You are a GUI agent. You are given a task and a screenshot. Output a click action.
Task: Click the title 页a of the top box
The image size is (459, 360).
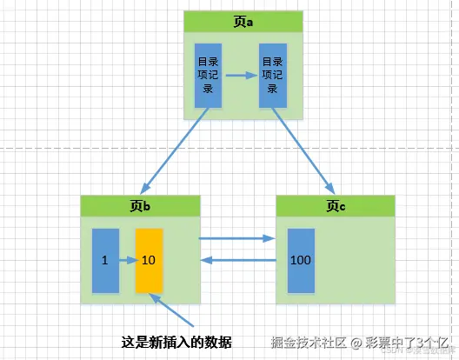(243, 23)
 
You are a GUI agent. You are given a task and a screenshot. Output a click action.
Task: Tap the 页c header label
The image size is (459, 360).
(336, 206)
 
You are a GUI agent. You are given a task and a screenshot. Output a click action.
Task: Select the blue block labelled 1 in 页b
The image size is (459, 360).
(104, 260)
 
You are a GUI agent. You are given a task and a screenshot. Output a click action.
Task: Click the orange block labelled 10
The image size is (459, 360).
(148, 260)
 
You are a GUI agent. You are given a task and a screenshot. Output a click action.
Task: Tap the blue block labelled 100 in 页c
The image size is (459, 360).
(301, 260)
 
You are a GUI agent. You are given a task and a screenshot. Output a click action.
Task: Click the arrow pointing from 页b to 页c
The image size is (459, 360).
(236, 237)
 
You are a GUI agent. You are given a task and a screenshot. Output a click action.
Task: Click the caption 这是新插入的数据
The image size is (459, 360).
(176, 340)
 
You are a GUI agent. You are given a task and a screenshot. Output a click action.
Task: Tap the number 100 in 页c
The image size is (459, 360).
(301, 260)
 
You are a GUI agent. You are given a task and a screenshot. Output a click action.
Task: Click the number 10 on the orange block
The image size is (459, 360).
(148, 260)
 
